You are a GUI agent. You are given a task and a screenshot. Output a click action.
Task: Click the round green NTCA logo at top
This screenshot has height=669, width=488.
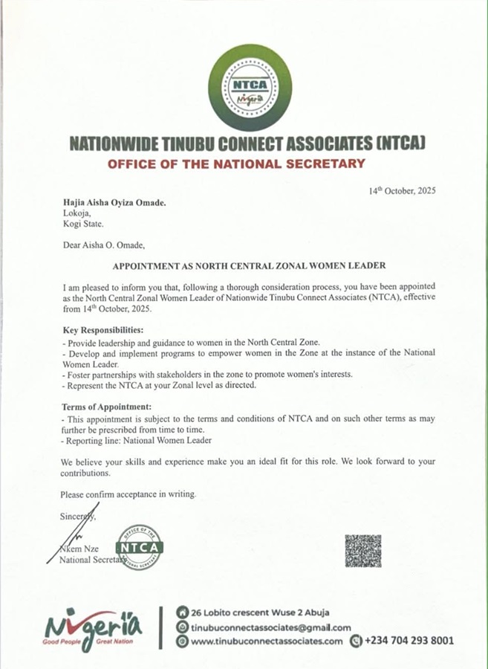pos(244,87)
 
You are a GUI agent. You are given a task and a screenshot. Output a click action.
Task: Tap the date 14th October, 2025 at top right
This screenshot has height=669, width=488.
pos(403,191)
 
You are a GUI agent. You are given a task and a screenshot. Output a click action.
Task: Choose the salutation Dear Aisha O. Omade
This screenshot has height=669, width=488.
pos(105,244)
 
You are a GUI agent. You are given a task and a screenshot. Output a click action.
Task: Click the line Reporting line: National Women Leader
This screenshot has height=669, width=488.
pos(137,441)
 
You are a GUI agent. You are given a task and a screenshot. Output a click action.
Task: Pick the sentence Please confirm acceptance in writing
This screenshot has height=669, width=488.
pos(129,494)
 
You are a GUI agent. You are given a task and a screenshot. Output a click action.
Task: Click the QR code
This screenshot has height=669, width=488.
pos(363,551)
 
